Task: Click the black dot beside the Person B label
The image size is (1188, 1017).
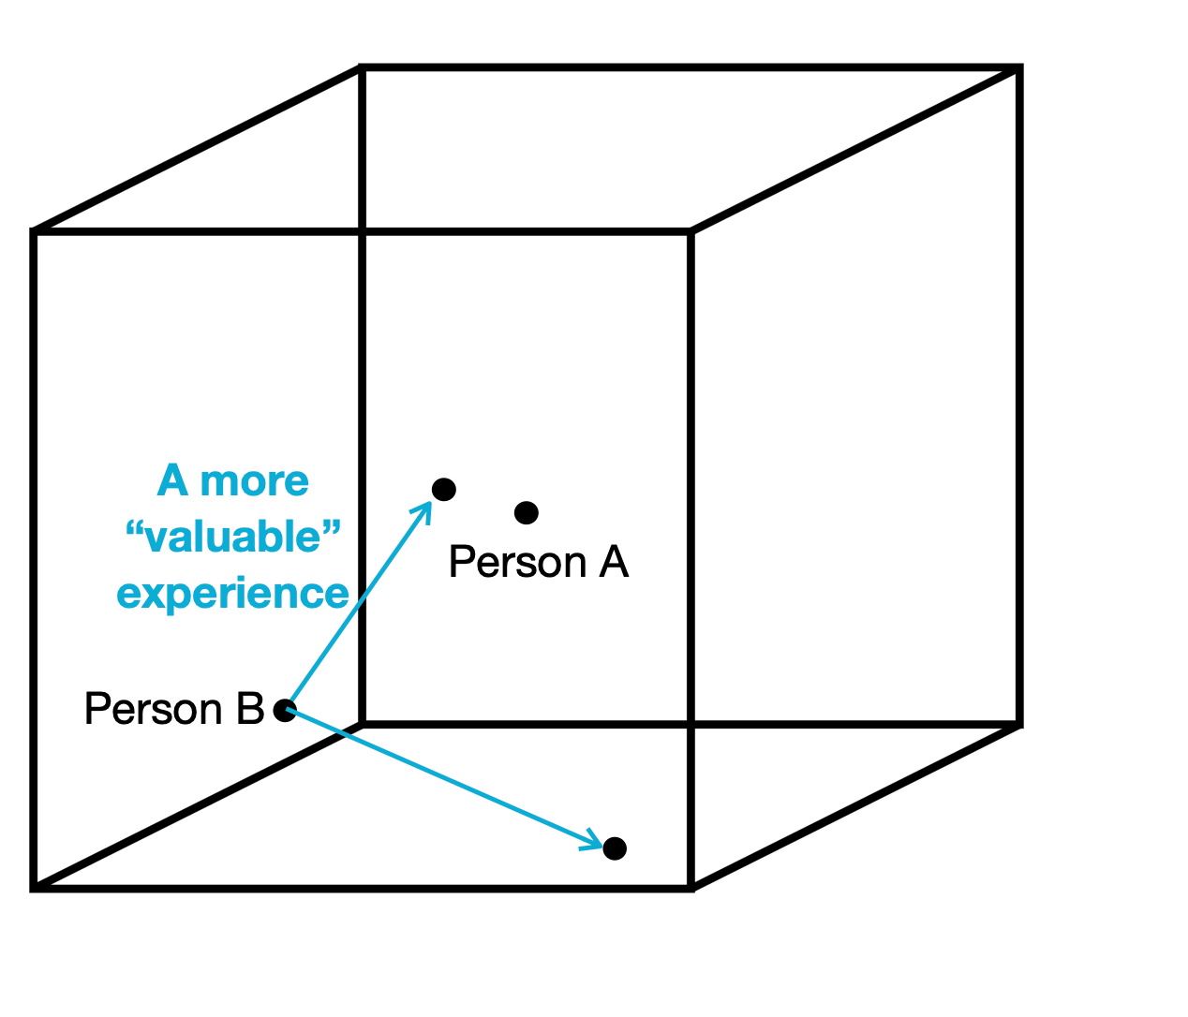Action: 285,710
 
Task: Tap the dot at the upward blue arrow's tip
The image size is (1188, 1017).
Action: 443,489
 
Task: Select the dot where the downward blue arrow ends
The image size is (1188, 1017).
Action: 615,848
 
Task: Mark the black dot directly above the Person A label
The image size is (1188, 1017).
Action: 527,512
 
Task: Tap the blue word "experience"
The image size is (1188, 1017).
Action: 232,594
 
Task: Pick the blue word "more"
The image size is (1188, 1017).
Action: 255,481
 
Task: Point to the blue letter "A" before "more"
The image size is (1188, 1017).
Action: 173,481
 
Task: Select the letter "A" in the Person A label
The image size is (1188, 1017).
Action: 614,562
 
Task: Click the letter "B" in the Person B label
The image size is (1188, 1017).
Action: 251,709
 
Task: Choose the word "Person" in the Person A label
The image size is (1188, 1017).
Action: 518,562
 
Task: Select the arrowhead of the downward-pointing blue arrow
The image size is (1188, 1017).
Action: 594,841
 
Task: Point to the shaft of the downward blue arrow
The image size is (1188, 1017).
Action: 440,776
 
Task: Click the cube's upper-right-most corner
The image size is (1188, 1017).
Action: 1019,67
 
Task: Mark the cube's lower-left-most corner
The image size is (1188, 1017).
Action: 34,887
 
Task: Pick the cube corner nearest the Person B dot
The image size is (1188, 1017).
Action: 363,724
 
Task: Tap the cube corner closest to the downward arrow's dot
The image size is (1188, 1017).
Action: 691,887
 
